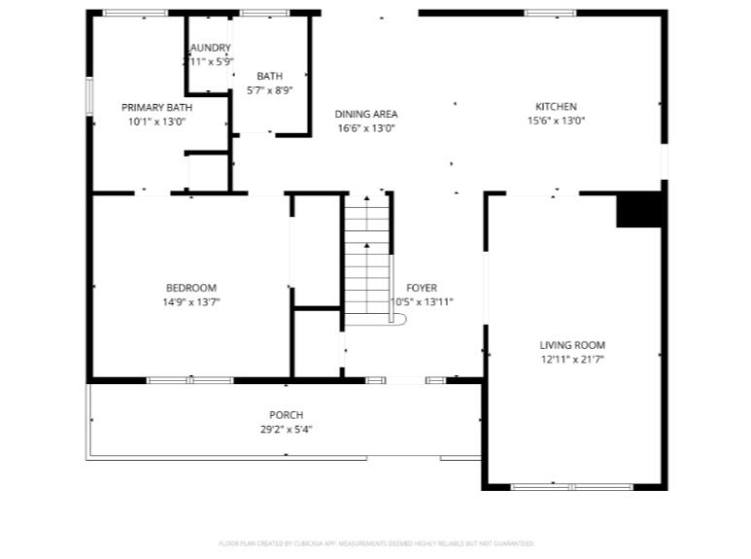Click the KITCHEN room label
point(556,107)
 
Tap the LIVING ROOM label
point(572,345)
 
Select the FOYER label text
point(421,288)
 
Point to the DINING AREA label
point(366,114)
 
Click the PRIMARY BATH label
point(156,108)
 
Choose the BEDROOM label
point(190,288)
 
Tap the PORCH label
point(286,415)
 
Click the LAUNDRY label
point(210,48)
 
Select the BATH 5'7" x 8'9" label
point(269,76)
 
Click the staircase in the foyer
point(368,258)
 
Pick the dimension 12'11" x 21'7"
point(572,360)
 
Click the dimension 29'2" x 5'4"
point(286,429)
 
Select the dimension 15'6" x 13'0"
point(556,122)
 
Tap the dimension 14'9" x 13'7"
point(190,301)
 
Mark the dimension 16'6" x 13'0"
point(366,128)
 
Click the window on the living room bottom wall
point(571,486)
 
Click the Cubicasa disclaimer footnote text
point(376,543)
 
